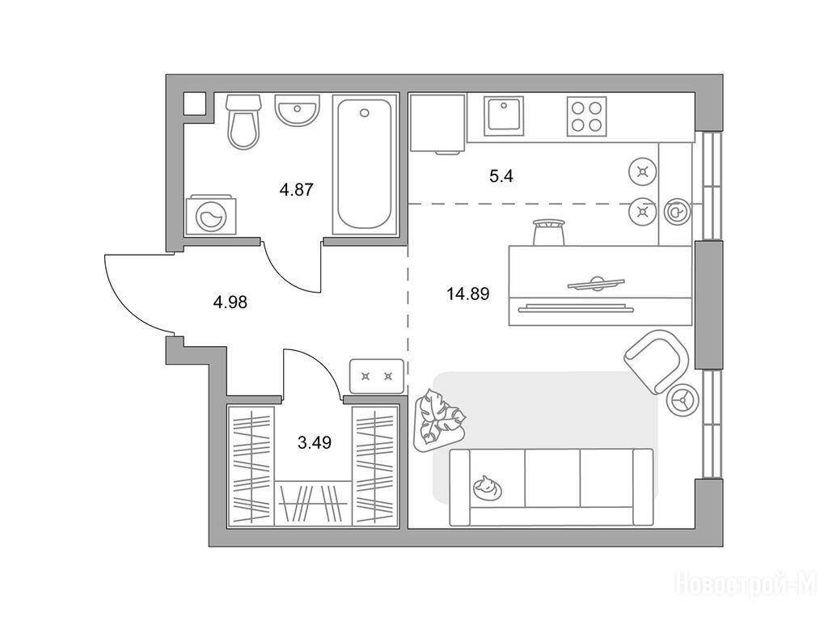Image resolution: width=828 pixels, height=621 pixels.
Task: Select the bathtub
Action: tap(365, 165)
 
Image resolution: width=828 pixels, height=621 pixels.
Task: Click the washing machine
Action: tap(212, 215)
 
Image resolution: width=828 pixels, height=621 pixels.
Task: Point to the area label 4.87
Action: tap(296, 190)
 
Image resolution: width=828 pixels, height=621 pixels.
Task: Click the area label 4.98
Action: tap(230, 302)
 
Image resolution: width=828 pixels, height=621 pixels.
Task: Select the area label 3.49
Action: tap(315, 442)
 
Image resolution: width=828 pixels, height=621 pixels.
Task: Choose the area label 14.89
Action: tap(469, 292)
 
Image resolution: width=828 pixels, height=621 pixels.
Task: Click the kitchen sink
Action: tap(505, 116)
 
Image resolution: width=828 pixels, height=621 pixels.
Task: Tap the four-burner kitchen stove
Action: tap(588, 116)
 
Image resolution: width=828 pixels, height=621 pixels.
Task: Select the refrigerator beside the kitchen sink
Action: tap(437, 123)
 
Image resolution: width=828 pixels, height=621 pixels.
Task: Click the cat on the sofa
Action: tap(488, 488)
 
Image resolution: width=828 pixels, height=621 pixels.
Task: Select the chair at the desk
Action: tap(547, 231)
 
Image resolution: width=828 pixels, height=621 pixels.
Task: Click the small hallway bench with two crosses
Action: tap(377, 375)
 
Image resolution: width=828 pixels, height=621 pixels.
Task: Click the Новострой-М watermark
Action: tap(747, 584)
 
